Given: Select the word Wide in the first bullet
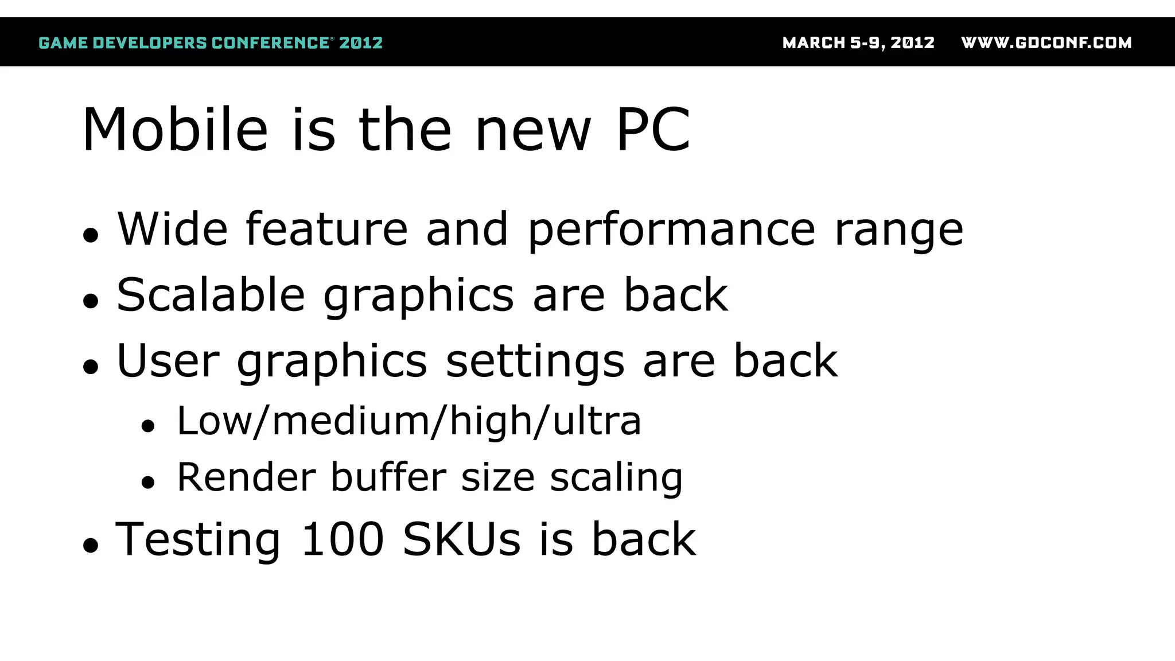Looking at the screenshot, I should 173,229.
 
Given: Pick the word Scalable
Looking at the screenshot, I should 211,295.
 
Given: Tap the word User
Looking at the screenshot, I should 168,361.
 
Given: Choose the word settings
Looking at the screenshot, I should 535,362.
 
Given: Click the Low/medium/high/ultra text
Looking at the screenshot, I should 408,421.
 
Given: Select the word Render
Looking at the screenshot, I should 246,477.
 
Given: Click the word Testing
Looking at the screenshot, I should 198,540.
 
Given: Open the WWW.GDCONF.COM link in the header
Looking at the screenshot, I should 1046,43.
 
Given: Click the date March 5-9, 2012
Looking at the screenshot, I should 858,43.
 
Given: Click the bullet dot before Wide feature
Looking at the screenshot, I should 91,235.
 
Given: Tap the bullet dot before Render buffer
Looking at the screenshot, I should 148,483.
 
